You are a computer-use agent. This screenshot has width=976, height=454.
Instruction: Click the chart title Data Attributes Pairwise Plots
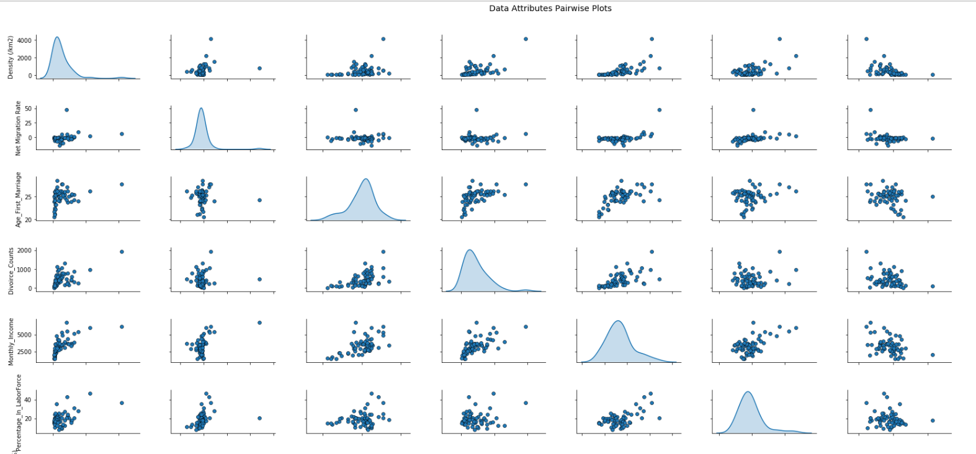550,9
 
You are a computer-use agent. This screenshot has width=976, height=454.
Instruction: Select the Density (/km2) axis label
11,58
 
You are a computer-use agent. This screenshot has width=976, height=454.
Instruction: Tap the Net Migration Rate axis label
19,128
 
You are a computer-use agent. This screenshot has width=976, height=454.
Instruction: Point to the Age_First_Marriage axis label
19,199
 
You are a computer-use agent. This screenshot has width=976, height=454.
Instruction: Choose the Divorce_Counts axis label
11,271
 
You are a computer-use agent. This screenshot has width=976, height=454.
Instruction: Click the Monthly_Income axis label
11,342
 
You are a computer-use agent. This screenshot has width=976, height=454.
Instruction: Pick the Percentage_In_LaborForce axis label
19,413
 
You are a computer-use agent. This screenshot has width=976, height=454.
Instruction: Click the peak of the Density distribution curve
57,37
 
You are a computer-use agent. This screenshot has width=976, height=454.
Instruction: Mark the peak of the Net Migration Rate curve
201,109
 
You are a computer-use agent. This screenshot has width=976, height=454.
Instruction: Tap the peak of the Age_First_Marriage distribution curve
366,179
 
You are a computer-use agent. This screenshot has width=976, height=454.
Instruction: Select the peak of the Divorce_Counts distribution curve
470,250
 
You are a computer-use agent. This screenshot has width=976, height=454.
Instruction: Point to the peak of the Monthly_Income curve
618,321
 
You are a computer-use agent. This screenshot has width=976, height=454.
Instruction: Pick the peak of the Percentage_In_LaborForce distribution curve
748,392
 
